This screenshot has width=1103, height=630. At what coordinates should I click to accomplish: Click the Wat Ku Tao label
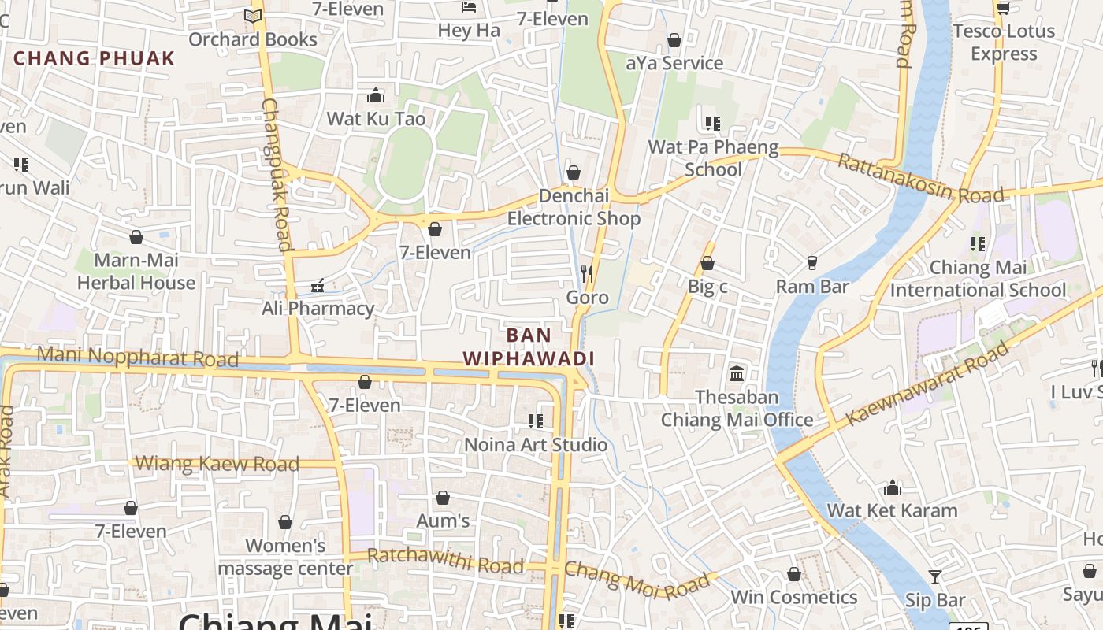point(376,119)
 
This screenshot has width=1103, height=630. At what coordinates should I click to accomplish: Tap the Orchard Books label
point(253,39)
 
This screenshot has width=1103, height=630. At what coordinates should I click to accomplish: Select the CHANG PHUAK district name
point(94,58)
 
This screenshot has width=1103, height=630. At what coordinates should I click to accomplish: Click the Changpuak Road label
point(277,175)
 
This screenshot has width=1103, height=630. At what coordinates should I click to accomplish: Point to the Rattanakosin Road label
point(919,178)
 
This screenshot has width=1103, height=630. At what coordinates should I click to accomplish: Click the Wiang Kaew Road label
point(217,464)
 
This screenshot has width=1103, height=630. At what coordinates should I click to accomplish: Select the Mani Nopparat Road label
point(137,357)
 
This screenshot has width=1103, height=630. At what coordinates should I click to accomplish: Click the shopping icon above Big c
point(707,264)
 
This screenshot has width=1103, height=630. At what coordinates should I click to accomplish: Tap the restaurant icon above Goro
point(587,274)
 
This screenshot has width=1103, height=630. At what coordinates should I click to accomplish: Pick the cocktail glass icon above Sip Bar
point(934,577)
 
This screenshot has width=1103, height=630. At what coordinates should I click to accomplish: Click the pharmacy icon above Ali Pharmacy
point(318,286)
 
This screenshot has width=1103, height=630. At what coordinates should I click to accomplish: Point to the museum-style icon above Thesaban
point(737,373)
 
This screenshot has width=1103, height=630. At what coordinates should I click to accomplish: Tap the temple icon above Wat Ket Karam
point(893,488)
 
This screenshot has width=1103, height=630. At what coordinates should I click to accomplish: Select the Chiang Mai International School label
point(978,279)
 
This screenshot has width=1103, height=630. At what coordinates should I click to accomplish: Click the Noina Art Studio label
point(536,445)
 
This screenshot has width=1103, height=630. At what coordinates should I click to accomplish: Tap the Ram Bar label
point(812,287)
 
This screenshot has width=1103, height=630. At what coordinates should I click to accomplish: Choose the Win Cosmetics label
point(793,597)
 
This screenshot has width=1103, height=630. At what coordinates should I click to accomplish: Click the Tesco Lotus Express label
point(1004,43)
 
